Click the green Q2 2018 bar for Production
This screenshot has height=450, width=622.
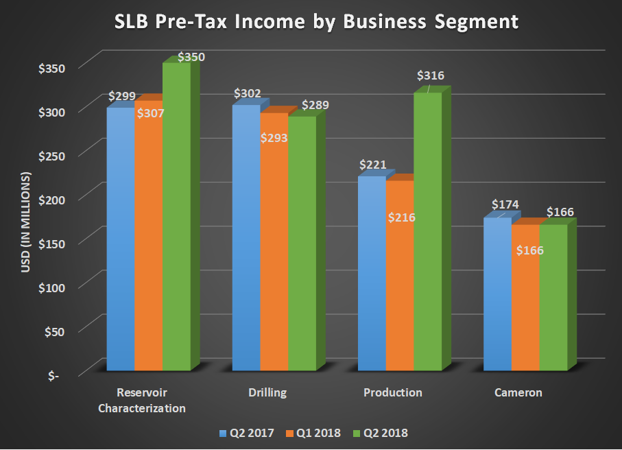pos(428,233)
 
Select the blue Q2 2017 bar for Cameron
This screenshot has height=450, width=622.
pos(497,295)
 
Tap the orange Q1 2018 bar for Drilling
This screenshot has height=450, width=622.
pos(274,254)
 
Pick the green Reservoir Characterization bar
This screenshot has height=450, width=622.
pos(176,220)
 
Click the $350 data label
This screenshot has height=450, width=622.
pos(191,58)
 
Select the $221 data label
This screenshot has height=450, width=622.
pos(373,165)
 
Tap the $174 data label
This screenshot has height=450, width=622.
pos(505,204)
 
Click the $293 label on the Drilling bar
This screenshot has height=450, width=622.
pos(274,138)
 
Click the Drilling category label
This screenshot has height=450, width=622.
pos(267,393)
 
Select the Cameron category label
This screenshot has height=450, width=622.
pos(518,393)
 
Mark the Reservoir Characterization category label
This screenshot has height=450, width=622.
pos(142,401)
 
